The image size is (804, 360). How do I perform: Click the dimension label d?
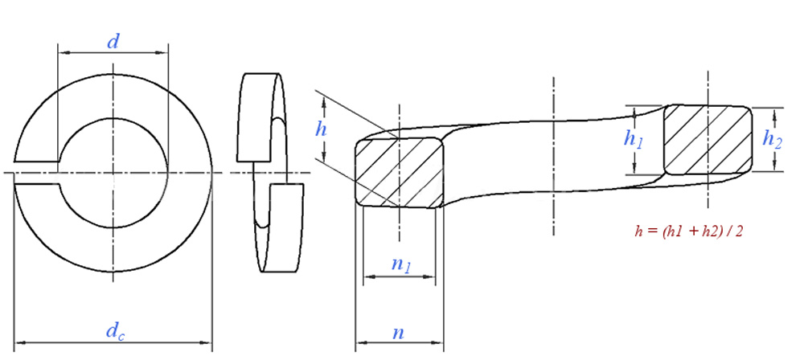click(113, 42)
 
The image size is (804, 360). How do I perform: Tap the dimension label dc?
click(115, 329)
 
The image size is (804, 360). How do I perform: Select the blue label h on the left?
click(322, 128)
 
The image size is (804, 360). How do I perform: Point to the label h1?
click(634, 139)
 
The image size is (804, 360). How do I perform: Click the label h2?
click(772, 139)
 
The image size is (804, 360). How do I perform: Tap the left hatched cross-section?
click(400, 171)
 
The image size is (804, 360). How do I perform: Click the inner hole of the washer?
click(113, 173)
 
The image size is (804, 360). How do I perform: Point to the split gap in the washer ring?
click(36, 173)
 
